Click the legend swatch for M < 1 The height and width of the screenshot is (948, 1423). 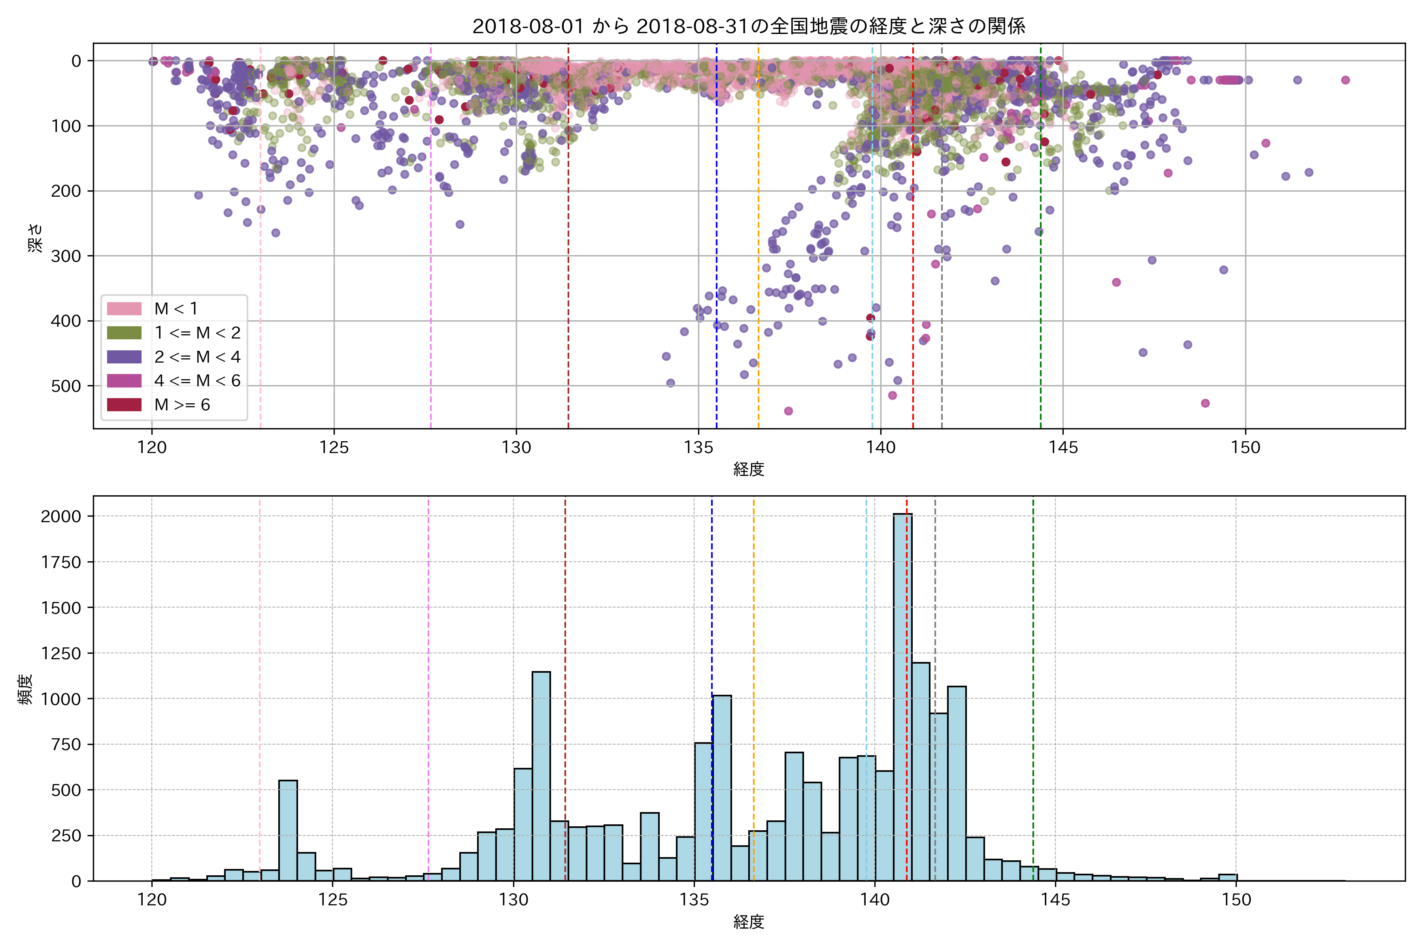[x=124, y=308]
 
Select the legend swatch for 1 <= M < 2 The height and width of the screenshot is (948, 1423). [x=124, y=333]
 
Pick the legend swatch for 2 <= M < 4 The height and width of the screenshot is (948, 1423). [x=124, y=357]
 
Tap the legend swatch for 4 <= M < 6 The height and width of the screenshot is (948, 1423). [x=124, y=381]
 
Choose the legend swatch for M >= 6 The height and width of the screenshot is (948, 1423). [x=124, y=404]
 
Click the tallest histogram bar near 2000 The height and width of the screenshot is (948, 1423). [x=903, y=695]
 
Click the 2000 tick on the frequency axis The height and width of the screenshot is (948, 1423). [x=60, y=516]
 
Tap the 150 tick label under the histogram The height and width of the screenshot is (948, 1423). [x=1236, y=900]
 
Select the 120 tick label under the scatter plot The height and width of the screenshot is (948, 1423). [x=152, y=448]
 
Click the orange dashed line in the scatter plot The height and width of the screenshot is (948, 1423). [x=758, y=242]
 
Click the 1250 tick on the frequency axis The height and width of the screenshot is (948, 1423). [x=60, y=654]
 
